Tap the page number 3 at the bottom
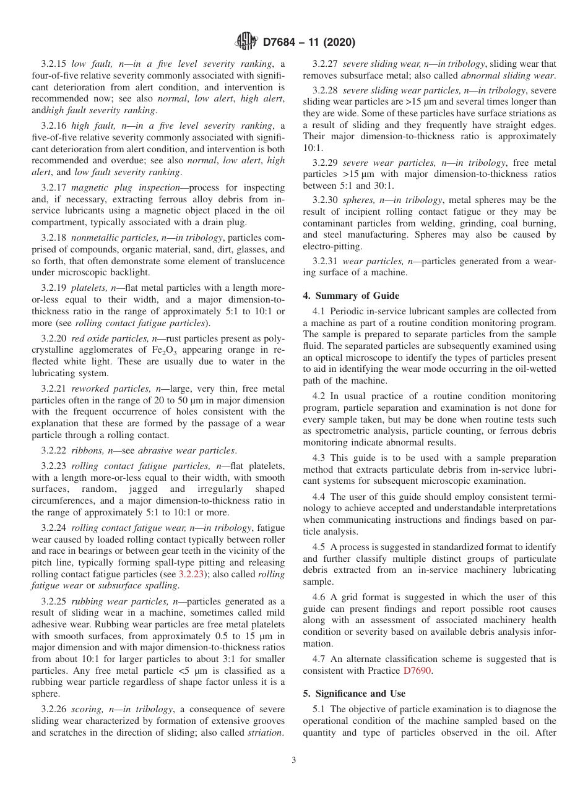tap(294, 760)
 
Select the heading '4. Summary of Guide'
tap(351, 296)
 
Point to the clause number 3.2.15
tap(54, 64)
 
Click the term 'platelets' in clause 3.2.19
tap(90, 289)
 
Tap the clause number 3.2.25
tap(54, 601)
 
